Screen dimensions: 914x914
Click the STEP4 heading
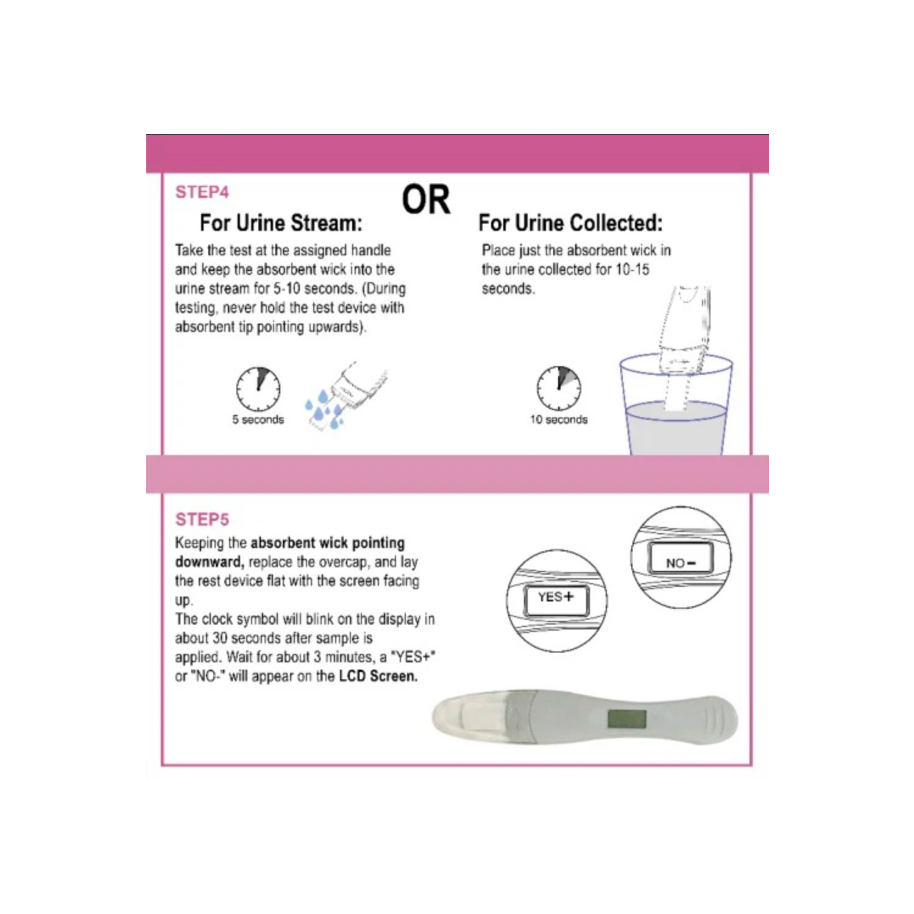(202, 192)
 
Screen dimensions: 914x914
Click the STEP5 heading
(202, 519)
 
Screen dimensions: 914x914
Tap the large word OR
(426, 200)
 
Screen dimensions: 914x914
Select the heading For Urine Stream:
(281, 223)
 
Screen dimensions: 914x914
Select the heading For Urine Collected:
(570, 223)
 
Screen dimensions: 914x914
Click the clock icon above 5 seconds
(258, 389)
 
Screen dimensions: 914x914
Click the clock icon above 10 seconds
(559, 388)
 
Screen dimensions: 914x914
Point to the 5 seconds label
(258, 420)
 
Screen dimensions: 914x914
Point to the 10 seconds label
(559, 420)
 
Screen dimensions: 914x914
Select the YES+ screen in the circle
(556, 600)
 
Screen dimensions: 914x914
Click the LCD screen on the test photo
(627, 719)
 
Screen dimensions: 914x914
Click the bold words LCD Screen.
(378, 676)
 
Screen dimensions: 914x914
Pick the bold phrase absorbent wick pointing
(327, 543)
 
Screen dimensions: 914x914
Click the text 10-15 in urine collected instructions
(632, 269)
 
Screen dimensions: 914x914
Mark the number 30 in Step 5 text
(219, 638)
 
